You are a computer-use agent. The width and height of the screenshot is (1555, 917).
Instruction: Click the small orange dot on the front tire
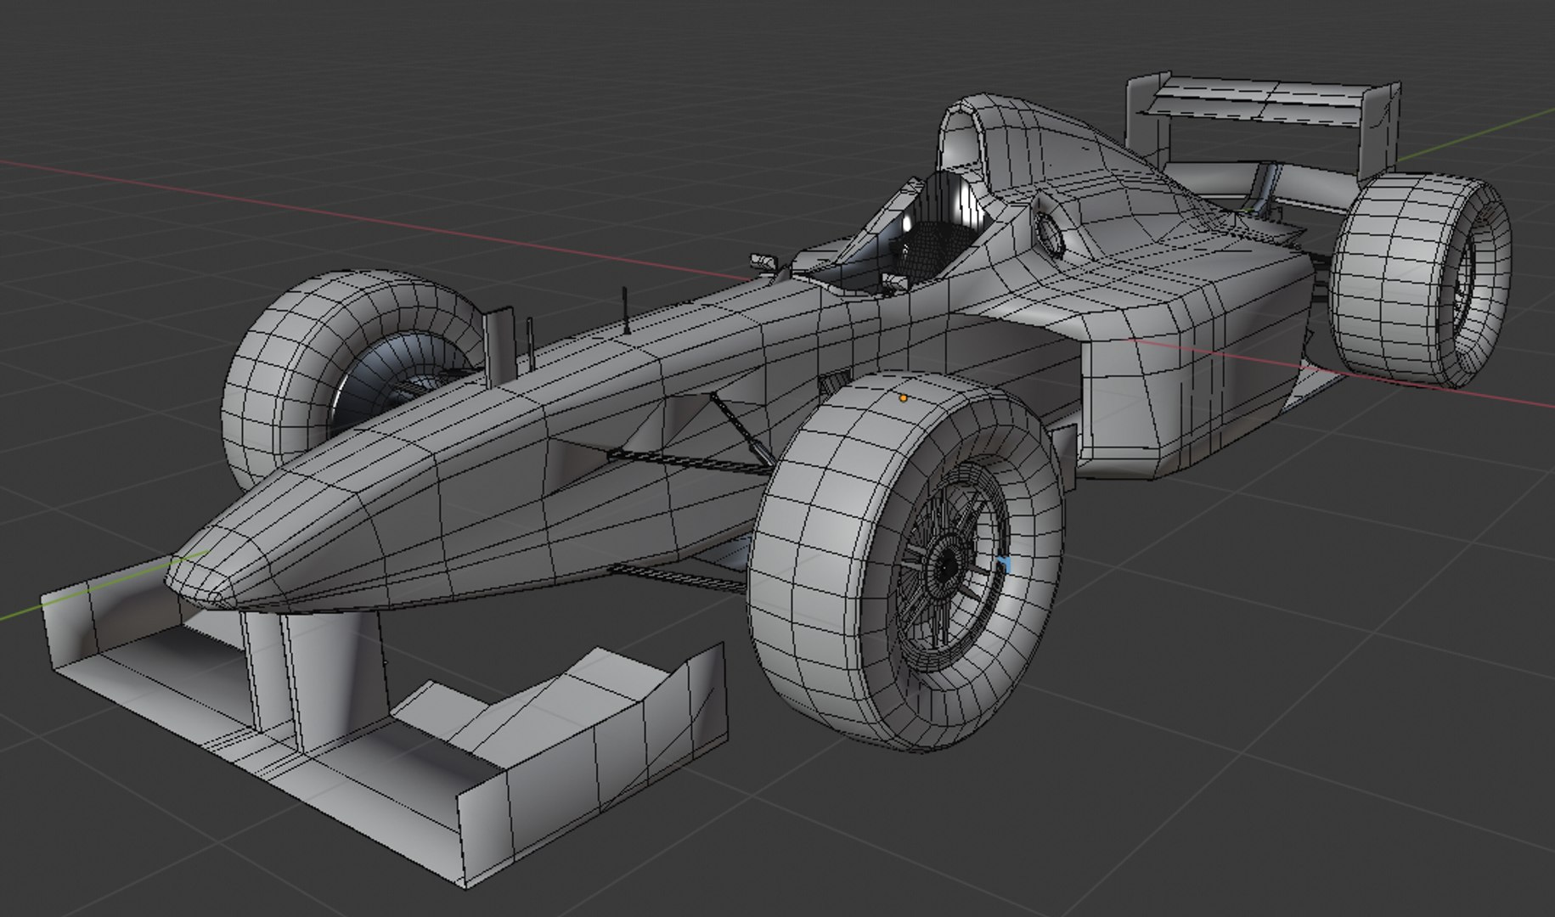(x=903, y=397)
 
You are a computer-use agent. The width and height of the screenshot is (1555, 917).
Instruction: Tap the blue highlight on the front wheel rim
(x=1005, y=566)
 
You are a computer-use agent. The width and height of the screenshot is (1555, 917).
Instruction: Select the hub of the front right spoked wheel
(x=945, y=564)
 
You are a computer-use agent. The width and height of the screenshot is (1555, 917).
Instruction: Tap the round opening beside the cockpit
(x=1051, y=233)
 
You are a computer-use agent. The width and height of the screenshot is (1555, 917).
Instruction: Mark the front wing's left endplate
(x=68, y=628)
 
